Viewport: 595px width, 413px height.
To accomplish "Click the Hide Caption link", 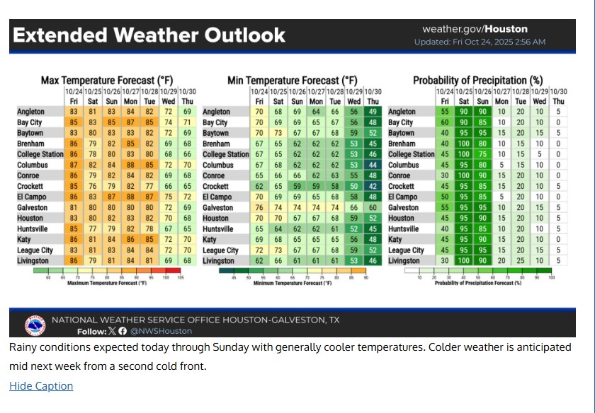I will [x=41, y=386].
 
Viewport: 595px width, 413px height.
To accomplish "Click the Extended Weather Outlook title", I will [x=149, y=35].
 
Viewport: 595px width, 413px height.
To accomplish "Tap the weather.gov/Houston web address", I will [x=475, y=30].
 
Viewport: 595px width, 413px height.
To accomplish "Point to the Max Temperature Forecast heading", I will [x=107, y=81].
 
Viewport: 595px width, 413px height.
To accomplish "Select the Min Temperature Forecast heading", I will [x=292, y=81].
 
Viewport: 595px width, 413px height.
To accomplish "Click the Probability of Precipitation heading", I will [x=477, y=81].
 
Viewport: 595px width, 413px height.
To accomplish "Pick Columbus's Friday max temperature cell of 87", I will [x=74, y=165].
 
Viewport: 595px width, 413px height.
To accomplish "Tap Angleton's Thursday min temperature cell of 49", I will [x=373, y=112].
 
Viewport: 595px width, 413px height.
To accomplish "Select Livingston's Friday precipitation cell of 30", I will [x=445, y=261].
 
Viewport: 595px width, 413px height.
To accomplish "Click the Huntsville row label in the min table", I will [x=219, y=229].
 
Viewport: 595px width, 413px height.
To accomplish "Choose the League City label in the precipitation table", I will [x=406, y=250].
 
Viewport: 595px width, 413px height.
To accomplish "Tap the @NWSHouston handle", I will [x=161, y=331].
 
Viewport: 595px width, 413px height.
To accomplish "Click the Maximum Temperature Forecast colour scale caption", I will [x=107, y=284].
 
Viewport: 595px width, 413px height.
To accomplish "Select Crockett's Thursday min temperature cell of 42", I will [x=373, y=187].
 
